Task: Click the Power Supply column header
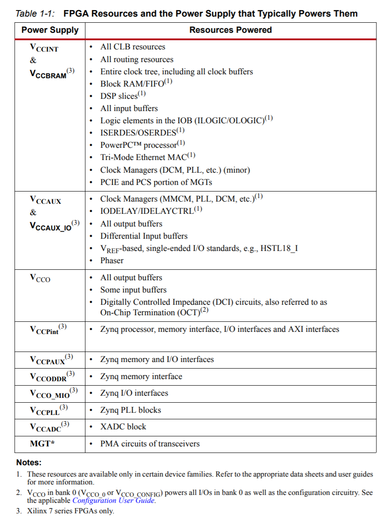(x=50, y=30)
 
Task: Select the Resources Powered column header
(x=230, y=30)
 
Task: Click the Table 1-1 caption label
(x=35, y=14)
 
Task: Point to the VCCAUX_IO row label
(x=52, y=226)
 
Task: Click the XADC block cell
(x=123, y=427)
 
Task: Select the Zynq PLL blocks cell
(x=130, y=410)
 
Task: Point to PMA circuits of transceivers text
(x=150, y=444)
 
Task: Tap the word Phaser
(x=112, y=261)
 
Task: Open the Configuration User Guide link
(x=113, y=500)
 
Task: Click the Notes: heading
(x=29, y=462)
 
